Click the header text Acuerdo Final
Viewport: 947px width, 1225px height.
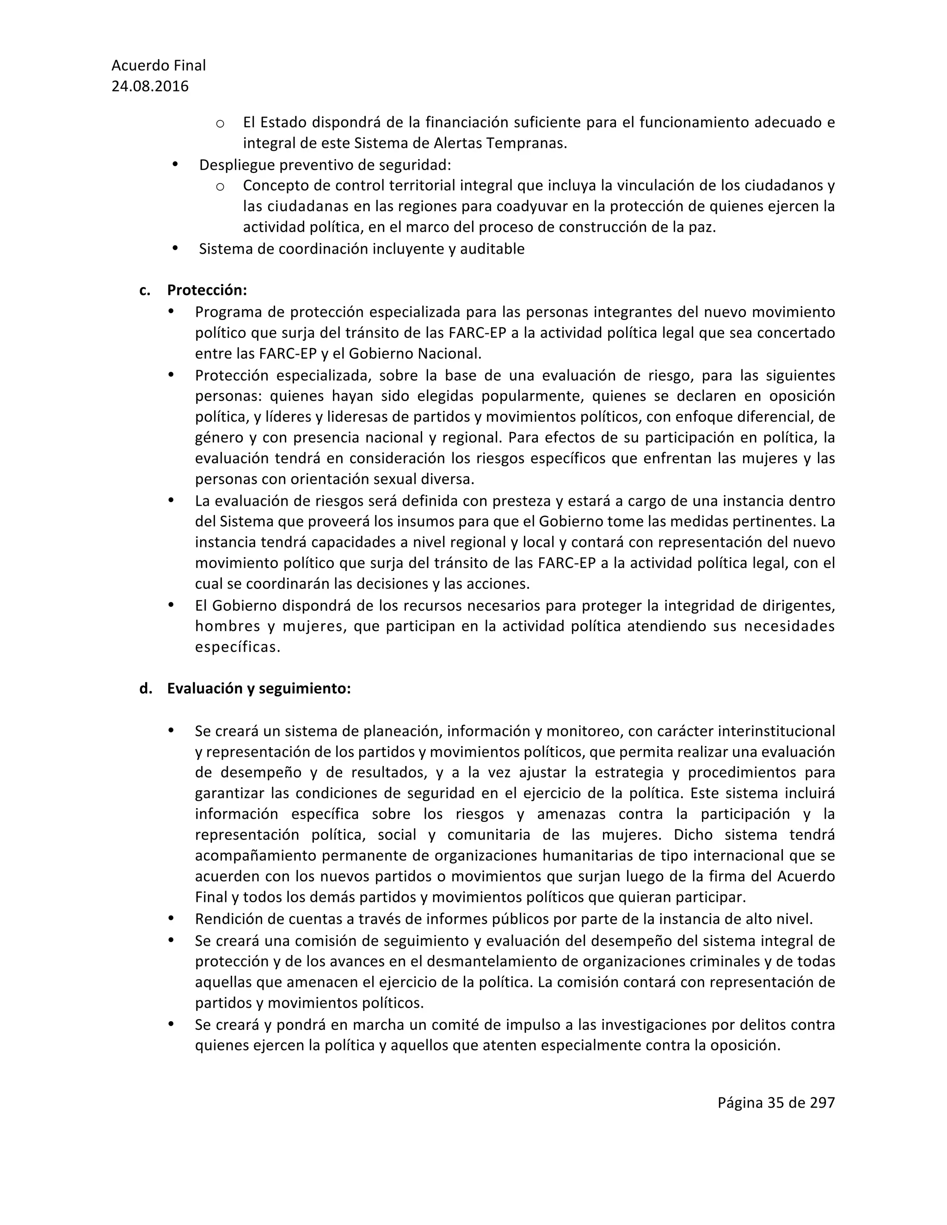[158, 66]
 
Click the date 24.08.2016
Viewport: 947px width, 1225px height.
[150, 86]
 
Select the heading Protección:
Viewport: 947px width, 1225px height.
[207, 291]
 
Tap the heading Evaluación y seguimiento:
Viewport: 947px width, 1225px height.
[258, 689]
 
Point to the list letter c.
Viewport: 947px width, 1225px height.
[145, 291]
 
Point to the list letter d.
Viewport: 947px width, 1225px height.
[145, 689]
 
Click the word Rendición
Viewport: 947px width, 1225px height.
[227, 919]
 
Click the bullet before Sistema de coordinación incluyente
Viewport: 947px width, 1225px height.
[175, 248]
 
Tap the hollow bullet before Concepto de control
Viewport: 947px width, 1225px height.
[221, 186]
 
